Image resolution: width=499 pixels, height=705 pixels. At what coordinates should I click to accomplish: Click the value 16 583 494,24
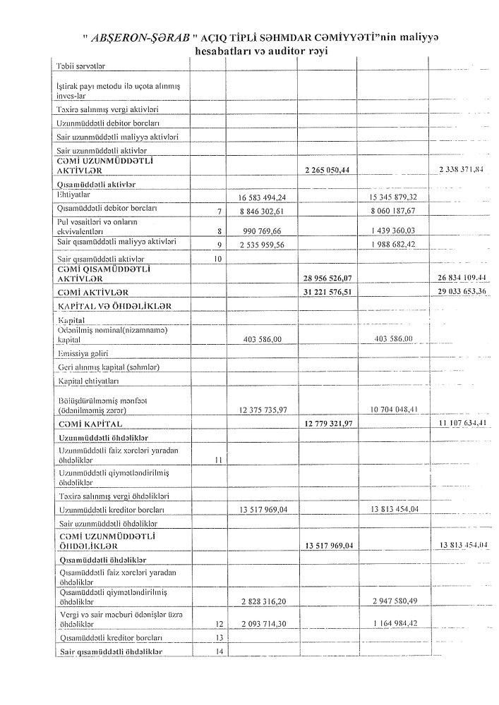263,197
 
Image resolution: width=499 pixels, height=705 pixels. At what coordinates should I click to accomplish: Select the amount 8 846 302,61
263,210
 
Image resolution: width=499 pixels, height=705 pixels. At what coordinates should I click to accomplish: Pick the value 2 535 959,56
263,243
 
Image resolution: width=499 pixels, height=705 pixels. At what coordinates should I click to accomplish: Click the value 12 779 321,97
327,424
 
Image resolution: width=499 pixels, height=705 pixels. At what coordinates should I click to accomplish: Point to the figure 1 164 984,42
395,625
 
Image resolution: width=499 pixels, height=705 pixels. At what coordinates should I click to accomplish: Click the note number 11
218,460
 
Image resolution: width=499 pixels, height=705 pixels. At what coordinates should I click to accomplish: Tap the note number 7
220,211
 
